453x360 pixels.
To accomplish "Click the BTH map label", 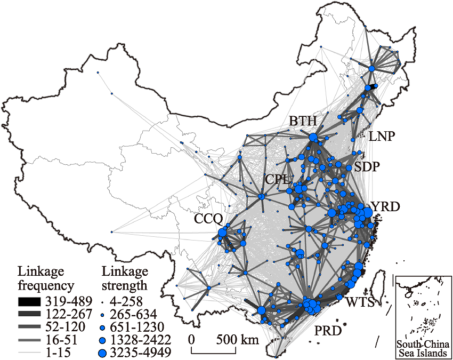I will (303, 122).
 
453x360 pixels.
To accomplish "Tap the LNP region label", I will (382, 137).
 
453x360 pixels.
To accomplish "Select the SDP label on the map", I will (367, 167).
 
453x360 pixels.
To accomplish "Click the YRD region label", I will (385, 206).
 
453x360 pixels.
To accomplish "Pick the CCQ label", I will (208, 218).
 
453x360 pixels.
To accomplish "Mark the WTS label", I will (360, 302).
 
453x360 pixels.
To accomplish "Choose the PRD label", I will (327, 331).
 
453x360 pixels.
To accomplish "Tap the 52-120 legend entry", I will (63, 326).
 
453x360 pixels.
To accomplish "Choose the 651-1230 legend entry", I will (141, 326).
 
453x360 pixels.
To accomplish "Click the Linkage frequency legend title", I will (46, 277).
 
